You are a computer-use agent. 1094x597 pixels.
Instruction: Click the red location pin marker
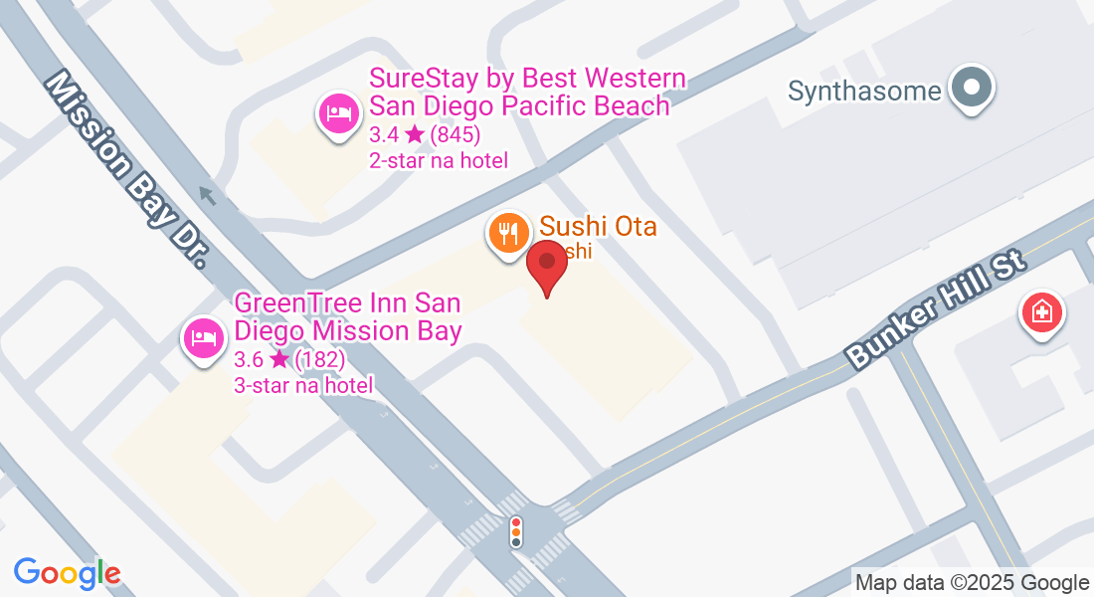(x=546, y=265)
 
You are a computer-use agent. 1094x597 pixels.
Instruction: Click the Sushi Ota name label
(x=598, y=227)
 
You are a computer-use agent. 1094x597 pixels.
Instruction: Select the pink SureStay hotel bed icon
(x=338, y=112)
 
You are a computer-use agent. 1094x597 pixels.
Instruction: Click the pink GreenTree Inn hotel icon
(x=203, y=337)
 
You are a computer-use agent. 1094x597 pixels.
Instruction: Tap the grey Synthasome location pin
(x=971, y=89)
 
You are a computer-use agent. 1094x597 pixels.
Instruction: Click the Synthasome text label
(x=864, y=92)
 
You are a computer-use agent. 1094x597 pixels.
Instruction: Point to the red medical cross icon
(x=1041, y=313)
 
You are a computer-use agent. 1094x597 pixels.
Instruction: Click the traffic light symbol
(x=515, y=531)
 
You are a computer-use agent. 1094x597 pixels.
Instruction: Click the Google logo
(x=67, y=573)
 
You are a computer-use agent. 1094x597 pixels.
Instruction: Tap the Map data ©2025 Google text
(x=972, y=583)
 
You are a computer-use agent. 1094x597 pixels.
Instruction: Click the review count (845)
(x=456, y=134)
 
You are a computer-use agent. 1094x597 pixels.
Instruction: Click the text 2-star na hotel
(x=439, y=160)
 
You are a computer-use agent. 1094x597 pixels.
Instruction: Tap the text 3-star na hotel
(x=303, y=385)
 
